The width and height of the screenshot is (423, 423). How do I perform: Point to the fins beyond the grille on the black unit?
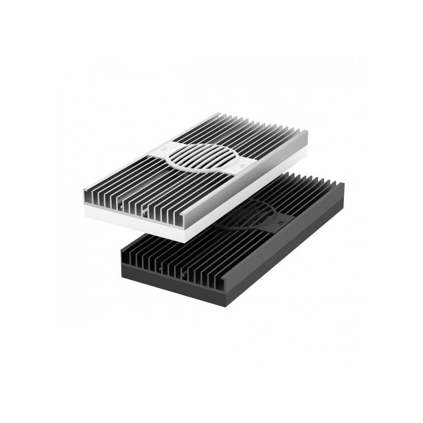point(305,189)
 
